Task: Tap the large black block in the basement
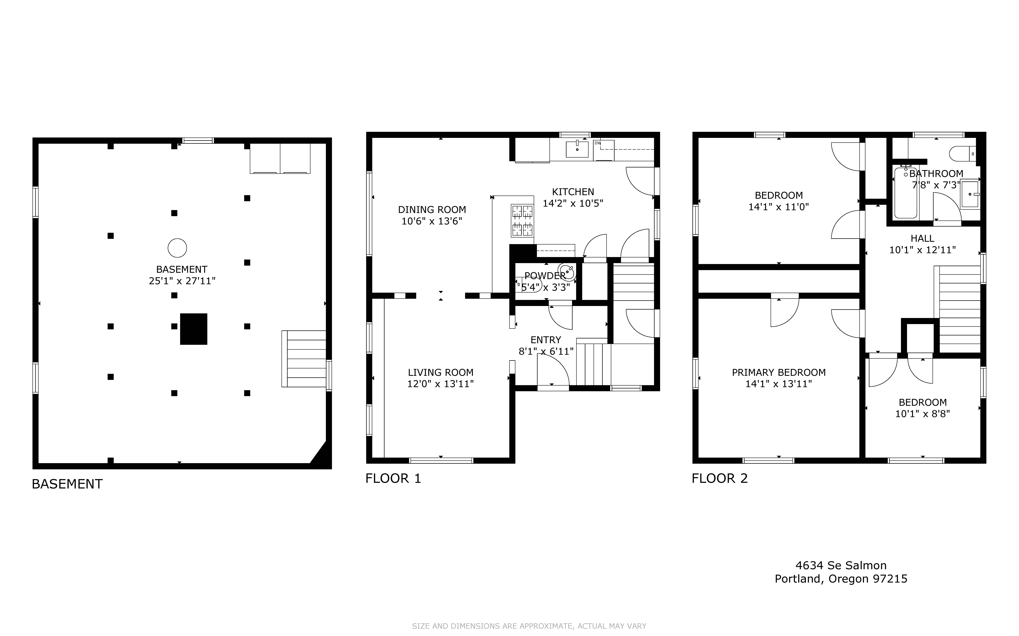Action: coord(194,329)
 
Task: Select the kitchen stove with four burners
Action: coord(522,220)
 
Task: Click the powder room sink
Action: coord(567,272)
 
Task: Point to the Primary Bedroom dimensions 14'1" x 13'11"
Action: coord(779,384)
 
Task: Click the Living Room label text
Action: coord(441,372)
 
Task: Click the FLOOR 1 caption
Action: coord(393,478)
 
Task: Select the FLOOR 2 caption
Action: coord(720,478)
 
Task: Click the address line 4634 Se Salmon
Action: coord(841,565)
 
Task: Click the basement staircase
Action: coord(304,359)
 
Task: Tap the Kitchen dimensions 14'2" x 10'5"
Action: coord(573,203)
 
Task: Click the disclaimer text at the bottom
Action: coord(529,626)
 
